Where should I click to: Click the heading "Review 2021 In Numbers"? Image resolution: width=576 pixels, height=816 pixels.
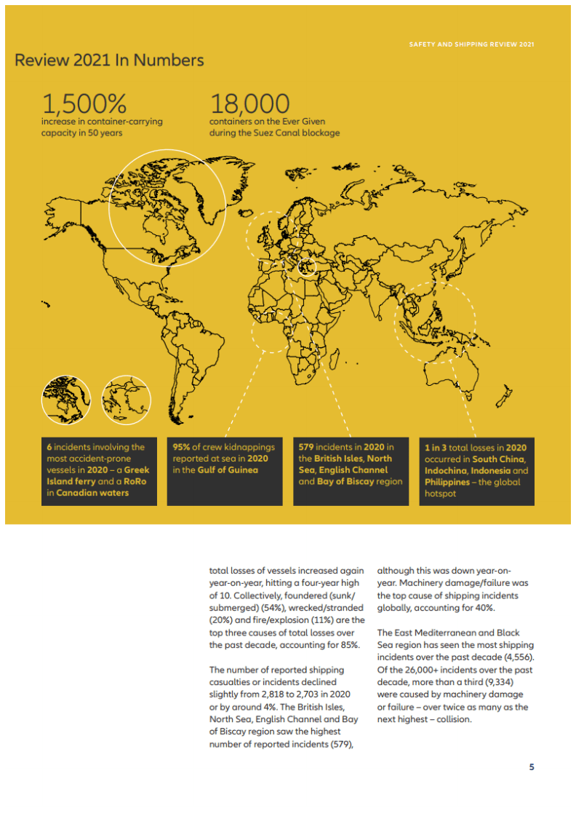109,60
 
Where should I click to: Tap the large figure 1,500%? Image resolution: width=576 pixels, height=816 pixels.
84,103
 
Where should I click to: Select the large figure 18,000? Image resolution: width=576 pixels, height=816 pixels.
249,103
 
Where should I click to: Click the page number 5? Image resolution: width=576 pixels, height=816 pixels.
532,767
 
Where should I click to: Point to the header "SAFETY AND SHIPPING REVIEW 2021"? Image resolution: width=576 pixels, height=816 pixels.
471,44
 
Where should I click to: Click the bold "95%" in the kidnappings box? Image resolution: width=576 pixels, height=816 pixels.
181,447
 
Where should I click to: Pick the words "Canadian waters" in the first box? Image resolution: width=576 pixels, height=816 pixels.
94,493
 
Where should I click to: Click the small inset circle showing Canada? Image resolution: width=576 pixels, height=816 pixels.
66,400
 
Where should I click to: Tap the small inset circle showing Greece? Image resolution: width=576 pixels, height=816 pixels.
126,400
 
